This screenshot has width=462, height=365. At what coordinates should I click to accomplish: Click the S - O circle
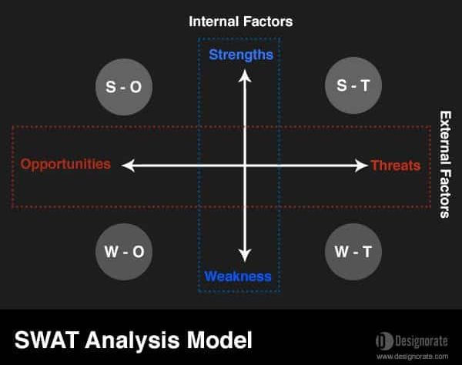tap(124, 87)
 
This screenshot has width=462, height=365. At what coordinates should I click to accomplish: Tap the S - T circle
tap(353, 85)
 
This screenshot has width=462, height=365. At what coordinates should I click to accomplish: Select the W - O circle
tap(124, 252)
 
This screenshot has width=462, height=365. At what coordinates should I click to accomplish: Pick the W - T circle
tap(353, 252)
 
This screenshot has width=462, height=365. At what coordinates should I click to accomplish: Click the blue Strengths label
tap(241, 55)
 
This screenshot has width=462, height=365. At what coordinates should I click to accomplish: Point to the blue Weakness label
tap(238, 276)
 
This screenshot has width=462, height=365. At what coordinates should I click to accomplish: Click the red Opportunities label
tap(65, 164)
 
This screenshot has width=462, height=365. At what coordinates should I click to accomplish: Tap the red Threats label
tap(396, 166)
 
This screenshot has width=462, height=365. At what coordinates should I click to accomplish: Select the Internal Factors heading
tap(241, 22)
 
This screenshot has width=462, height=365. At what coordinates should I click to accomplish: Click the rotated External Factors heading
tap(445, 164)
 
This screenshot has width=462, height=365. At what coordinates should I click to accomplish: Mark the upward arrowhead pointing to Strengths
tap(245, 75)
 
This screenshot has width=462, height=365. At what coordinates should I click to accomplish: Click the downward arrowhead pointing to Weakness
tap(245, 256)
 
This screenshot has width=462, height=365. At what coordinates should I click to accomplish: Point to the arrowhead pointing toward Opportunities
tap(128, 166)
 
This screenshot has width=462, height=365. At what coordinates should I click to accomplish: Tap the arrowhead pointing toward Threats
tap(361, 166)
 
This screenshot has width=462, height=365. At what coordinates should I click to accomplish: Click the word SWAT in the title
tap(47, 340)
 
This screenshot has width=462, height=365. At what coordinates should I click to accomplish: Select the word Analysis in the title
tap(132, 341)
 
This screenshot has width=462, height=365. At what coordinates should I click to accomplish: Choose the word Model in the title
tap(219, 340)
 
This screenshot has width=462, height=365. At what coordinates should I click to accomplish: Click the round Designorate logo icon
tap(384, 341)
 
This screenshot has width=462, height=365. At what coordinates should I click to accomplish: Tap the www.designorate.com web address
tap(413, 357)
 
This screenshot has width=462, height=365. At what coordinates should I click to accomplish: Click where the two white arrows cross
tap(245, 166)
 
